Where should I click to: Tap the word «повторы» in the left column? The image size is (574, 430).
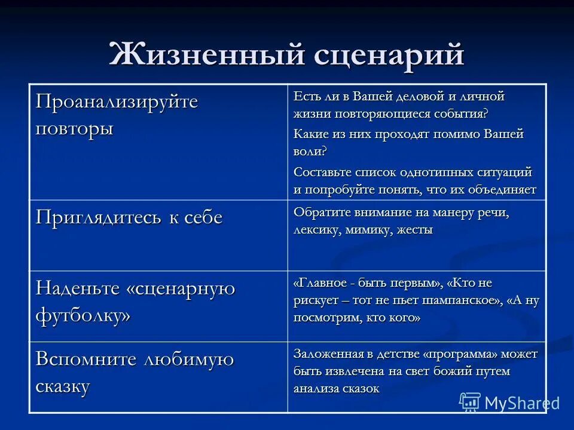[x=74, y=128]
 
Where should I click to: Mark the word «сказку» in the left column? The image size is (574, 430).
[x=63, y=386]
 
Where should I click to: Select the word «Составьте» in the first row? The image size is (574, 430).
[x=320, y=172]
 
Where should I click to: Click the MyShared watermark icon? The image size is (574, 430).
[x=470, y=403]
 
